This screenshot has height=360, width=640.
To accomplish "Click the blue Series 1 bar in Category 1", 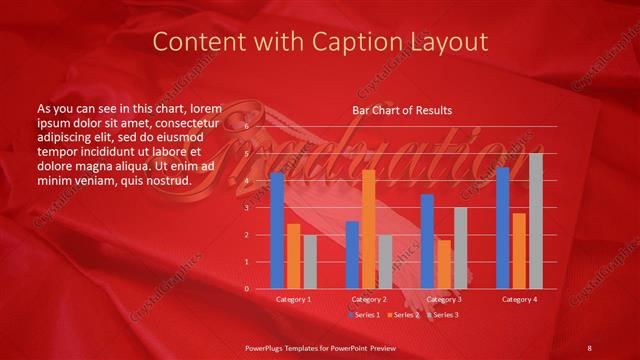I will point(277,230).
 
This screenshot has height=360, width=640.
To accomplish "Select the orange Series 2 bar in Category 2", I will point(368,229).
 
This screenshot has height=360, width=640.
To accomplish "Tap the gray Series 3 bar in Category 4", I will point(536,221).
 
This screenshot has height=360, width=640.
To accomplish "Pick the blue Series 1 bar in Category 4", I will point(503,228).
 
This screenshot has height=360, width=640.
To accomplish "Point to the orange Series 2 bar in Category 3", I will point(444,264).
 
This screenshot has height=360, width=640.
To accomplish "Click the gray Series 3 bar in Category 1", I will point(310,262).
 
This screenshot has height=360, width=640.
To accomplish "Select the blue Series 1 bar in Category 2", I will point(352,255).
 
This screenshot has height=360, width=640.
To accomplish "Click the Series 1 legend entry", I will point(365,315).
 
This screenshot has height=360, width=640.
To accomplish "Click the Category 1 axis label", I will point(293,299).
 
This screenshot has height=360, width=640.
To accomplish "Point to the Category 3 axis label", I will point(443,299).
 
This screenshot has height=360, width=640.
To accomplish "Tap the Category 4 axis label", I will point(519,299).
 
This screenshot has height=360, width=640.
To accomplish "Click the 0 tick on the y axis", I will point(247,289).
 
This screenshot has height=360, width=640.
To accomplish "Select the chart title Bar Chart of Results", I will point(402,110).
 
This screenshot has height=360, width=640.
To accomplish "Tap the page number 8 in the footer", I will point(589,347).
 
